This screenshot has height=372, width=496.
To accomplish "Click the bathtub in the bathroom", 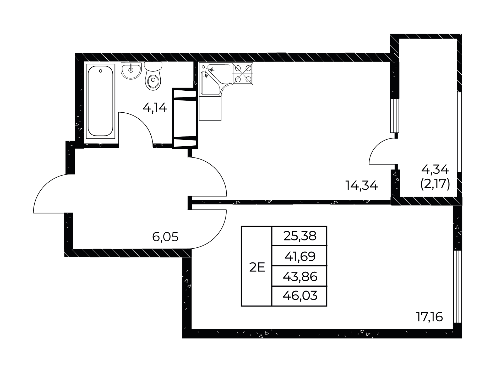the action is tap(100, 101).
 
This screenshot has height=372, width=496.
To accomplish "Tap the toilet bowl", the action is tap(153, 76).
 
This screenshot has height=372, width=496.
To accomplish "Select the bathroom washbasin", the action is tap(131, 71).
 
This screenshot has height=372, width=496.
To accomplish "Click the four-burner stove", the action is tap(242, 74).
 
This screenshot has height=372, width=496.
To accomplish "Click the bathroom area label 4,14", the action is tap(155, 107).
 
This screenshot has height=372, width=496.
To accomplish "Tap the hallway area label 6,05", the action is tap(165, 237).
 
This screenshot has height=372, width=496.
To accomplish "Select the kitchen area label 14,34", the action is tap(362, 185).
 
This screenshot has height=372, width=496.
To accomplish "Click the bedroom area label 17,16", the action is tap(429, 316).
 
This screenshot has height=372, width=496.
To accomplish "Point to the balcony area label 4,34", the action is tap(435, 170).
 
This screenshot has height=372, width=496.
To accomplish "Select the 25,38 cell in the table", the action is tap(300, 236).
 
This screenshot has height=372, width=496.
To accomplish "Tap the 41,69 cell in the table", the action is tap(300, 256).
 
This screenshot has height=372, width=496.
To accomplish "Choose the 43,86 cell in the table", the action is tap(300, 276).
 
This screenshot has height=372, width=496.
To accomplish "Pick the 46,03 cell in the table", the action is tap(300, 296).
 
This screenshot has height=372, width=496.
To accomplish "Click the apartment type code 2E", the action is tap(257, 268).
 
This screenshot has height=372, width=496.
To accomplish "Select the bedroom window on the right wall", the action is tap(457, 286).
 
